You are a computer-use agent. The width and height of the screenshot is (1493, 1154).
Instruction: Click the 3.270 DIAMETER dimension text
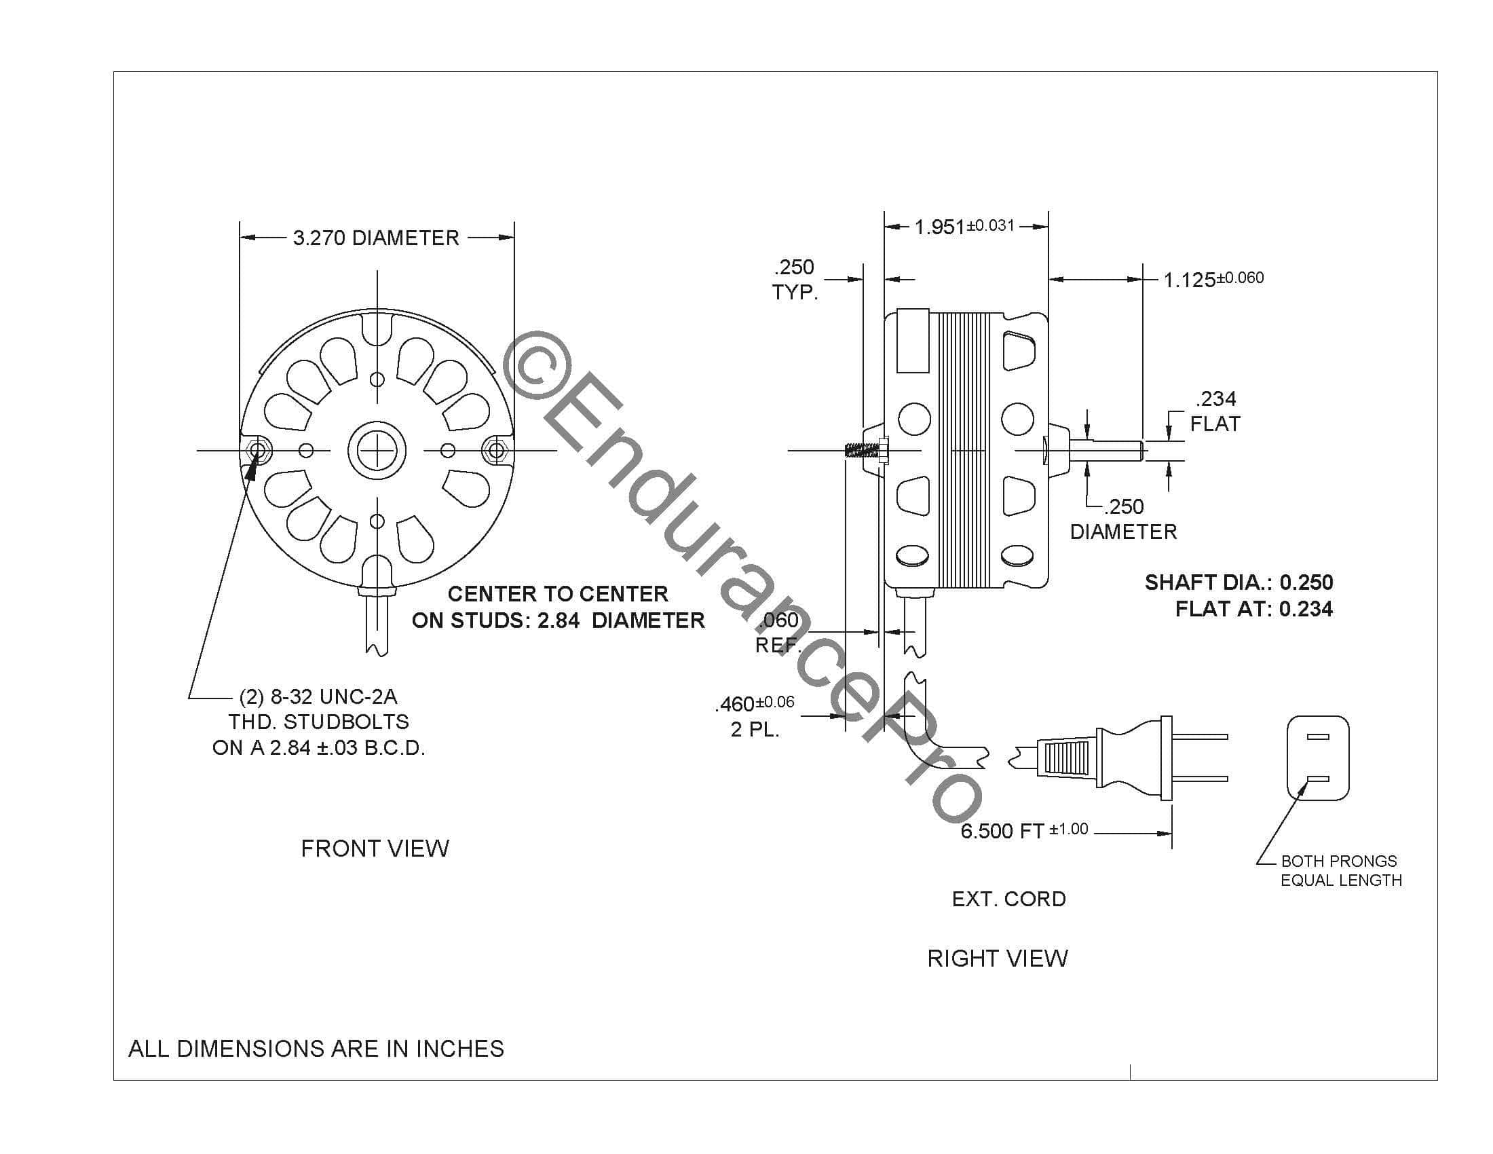click(x=376, y=238)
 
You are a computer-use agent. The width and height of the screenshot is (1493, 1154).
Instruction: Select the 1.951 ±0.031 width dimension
click(x=964, y=226)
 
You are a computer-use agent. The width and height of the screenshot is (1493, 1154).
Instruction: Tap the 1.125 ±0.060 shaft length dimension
click(x=1213, y=279)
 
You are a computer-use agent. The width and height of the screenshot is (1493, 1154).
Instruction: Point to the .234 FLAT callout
click(x=1215, y=411)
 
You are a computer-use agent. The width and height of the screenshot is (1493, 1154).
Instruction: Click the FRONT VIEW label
click(x=375, y=849)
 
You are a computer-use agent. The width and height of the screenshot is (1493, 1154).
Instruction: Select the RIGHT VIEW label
click(x=997, y=958)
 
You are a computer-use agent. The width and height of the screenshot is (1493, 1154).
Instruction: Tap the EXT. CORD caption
click(x=1008, y=899)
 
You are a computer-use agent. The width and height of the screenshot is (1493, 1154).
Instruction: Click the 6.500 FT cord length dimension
click(x=1023, y=831)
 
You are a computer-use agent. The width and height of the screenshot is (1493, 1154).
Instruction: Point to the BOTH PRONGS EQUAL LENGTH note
click(x=1340, y=870)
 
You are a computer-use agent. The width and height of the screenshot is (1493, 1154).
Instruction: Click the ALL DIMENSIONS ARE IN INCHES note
click(x=316, y=1049)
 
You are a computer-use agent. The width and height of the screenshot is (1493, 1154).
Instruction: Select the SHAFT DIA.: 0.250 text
click(x=1239, y=582)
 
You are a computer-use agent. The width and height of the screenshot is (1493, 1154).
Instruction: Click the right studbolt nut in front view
click(x=495, y=451)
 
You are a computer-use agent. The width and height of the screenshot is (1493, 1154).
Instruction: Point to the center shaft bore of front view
click(x=377, y=451)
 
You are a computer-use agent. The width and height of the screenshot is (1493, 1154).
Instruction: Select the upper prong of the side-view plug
click(x=1201, y=737)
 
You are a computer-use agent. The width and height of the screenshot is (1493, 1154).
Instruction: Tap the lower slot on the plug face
click(x=1317, y=779)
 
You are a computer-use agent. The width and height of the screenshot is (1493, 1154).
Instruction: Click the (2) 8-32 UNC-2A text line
click(x=318, y=696)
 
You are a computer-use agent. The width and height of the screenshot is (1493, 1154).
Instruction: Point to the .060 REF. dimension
click(x=778, y=632)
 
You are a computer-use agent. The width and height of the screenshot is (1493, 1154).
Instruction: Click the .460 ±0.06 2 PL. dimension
click(x=755, y=715)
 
